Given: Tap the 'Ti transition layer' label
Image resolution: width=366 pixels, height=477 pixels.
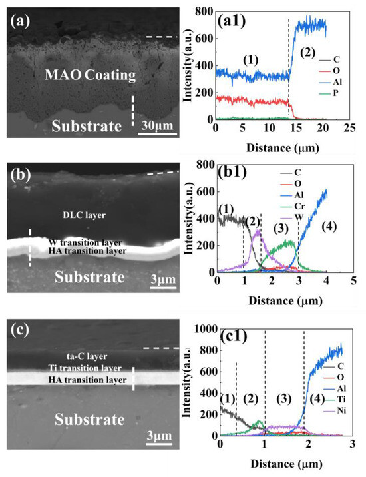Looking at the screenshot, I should tap(85, 368).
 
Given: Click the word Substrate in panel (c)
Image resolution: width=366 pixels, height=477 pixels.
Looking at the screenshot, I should tap(90, 420).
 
